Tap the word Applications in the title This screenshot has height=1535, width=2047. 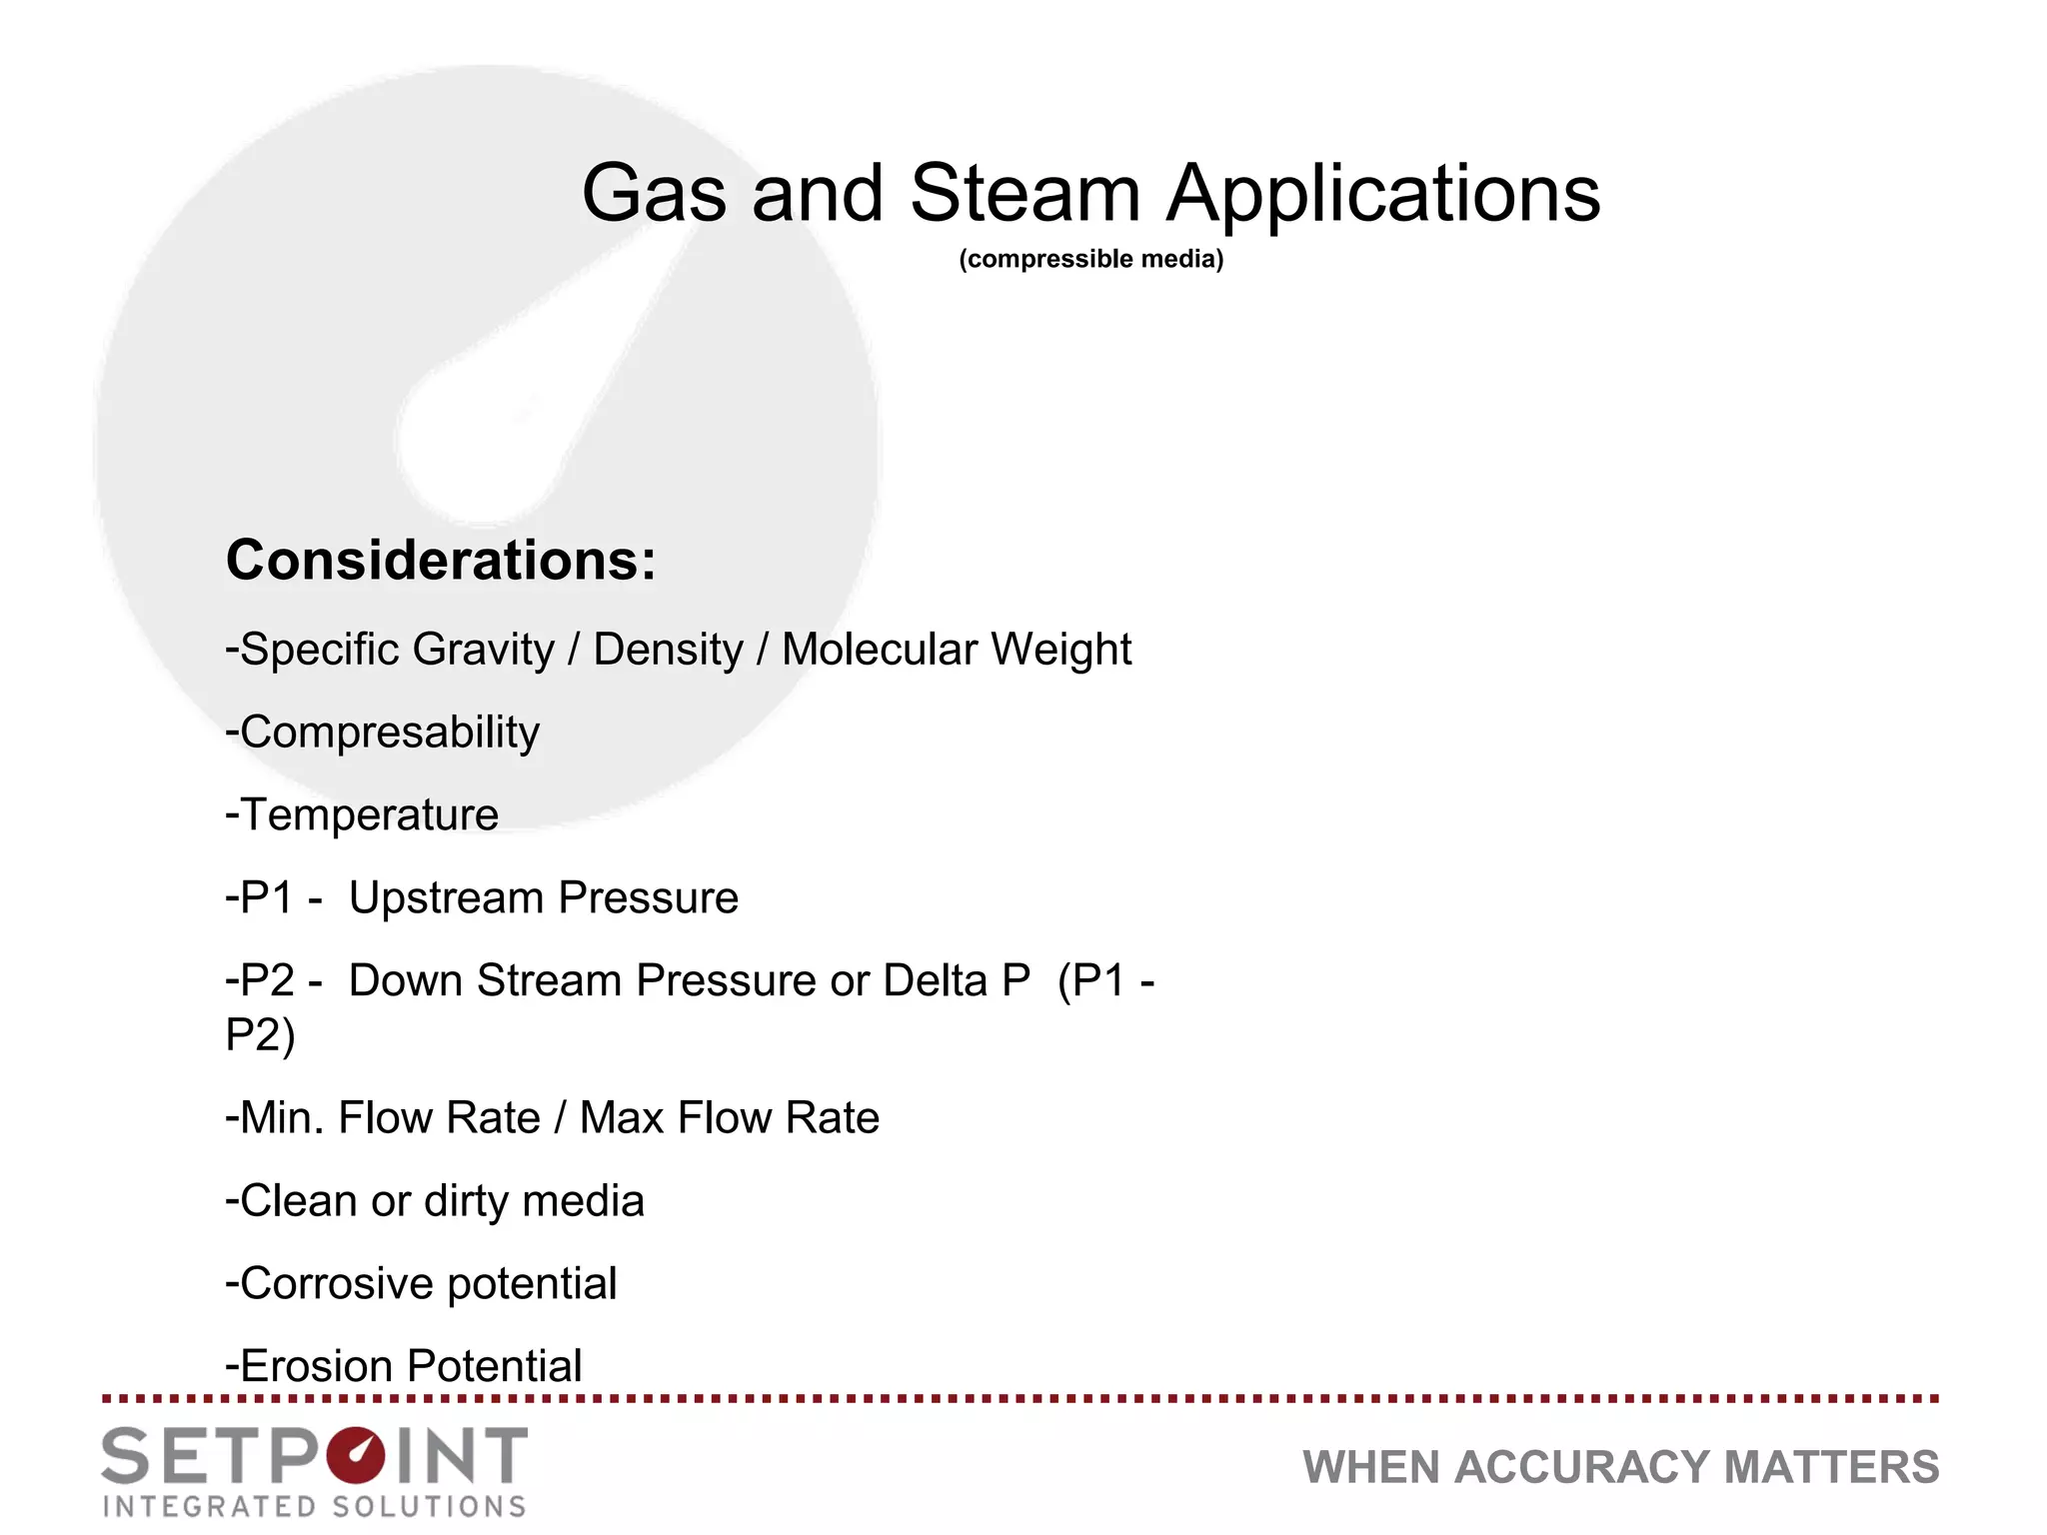tap(1383, 196)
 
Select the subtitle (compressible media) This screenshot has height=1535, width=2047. tap(1090, 259)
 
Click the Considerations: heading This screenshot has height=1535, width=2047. tap(441, 560)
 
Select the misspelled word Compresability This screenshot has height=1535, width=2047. tap(389, 734)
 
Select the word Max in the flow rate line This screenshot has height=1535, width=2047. tap(622, 1117)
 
